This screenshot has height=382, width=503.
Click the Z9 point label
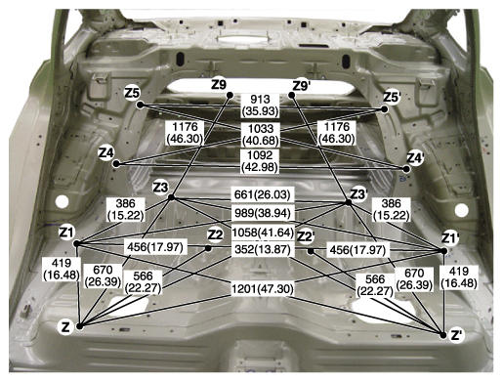click(219, 85)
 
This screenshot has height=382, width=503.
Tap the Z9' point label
click(301, 86)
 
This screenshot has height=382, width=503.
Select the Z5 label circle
click(132, 93)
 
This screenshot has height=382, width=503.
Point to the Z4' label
click(416, 158)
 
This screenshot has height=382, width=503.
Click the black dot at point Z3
click(172, 197)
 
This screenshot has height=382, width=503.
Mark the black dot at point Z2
click(208, 248)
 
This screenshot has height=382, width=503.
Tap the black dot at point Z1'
click(443, 251)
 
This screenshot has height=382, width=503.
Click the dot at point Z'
click(443, 335)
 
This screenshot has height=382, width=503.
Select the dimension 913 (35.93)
click(260, 106)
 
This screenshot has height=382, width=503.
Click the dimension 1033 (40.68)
click(261, 135)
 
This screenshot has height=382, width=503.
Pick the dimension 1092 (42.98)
click(260, 161)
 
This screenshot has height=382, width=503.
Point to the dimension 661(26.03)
click(262, 194)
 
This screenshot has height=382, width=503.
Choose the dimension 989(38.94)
click(263, 213)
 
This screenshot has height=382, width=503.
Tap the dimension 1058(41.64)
click(263, 233)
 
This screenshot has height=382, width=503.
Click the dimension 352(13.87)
click(263, 249)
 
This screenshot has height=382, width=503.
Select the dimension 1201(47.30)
click(263, 288)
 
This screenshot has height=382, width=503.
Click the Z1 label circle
click(67, 233)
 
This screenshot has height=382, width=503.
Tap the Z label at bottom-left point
click(65, 327)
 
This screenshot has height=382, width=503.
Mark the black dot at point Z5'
click(384, 109)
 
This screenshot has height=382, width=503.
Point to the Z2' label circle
click(305, 237)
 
